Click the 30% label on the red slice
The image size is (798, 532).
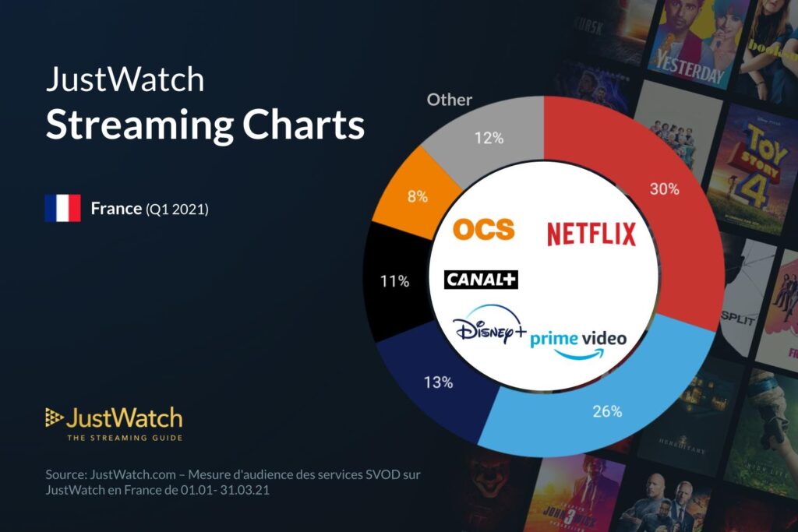[x=664, y=188]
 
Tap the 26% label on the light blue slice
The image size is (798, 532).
[x=607, y=411]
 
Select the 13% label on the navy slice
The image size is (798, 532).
[x=439, y=382]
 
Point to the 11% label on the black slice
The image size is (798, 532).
[x=395, y=281]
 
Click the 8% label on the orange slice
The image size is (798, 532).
[x=417, y=196]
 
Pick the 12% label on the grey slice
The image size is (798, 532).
[x=489, y=138]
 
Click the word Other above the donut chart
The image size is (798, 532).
[x=450, y=100]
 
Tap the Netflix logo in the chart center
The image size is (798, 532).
[x=591, y=233]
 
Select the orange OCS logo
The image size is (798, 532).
[x=483, y=229]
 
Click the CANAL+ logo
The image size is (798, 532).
[x=481, y=279]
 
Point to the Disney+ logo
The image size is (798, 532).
[x=489, y=327]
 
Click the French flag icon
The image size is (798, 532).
[x=62, y=208]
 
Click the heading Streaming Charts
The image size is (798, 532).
[x=204, y=125]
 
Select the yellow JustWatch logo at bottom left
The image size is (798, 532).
[x=114, y=419]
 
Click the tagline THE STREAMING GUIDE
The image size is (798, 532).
[x=125, y=438]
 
